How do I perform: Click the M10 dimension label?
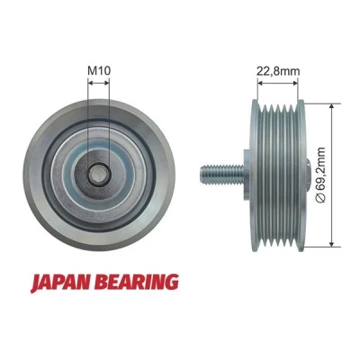tap(99, 70)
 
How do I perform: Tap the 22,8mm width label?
tap(278, 71)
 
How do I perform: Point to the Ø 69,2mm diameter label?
tap(320, 175)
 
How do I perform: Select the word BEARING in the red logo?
tap(139, 282)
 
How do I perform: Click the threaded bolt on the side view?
tap(222, 175)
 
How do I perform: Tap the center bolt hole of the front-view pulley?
tap(98, 175)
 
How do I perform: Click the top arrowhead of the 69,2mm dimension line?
tap(331, 107)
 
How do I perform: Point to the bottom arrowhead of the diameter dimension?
tap(331, 243)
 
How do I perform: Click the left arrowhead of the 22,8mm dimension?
tap(261, 83)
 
